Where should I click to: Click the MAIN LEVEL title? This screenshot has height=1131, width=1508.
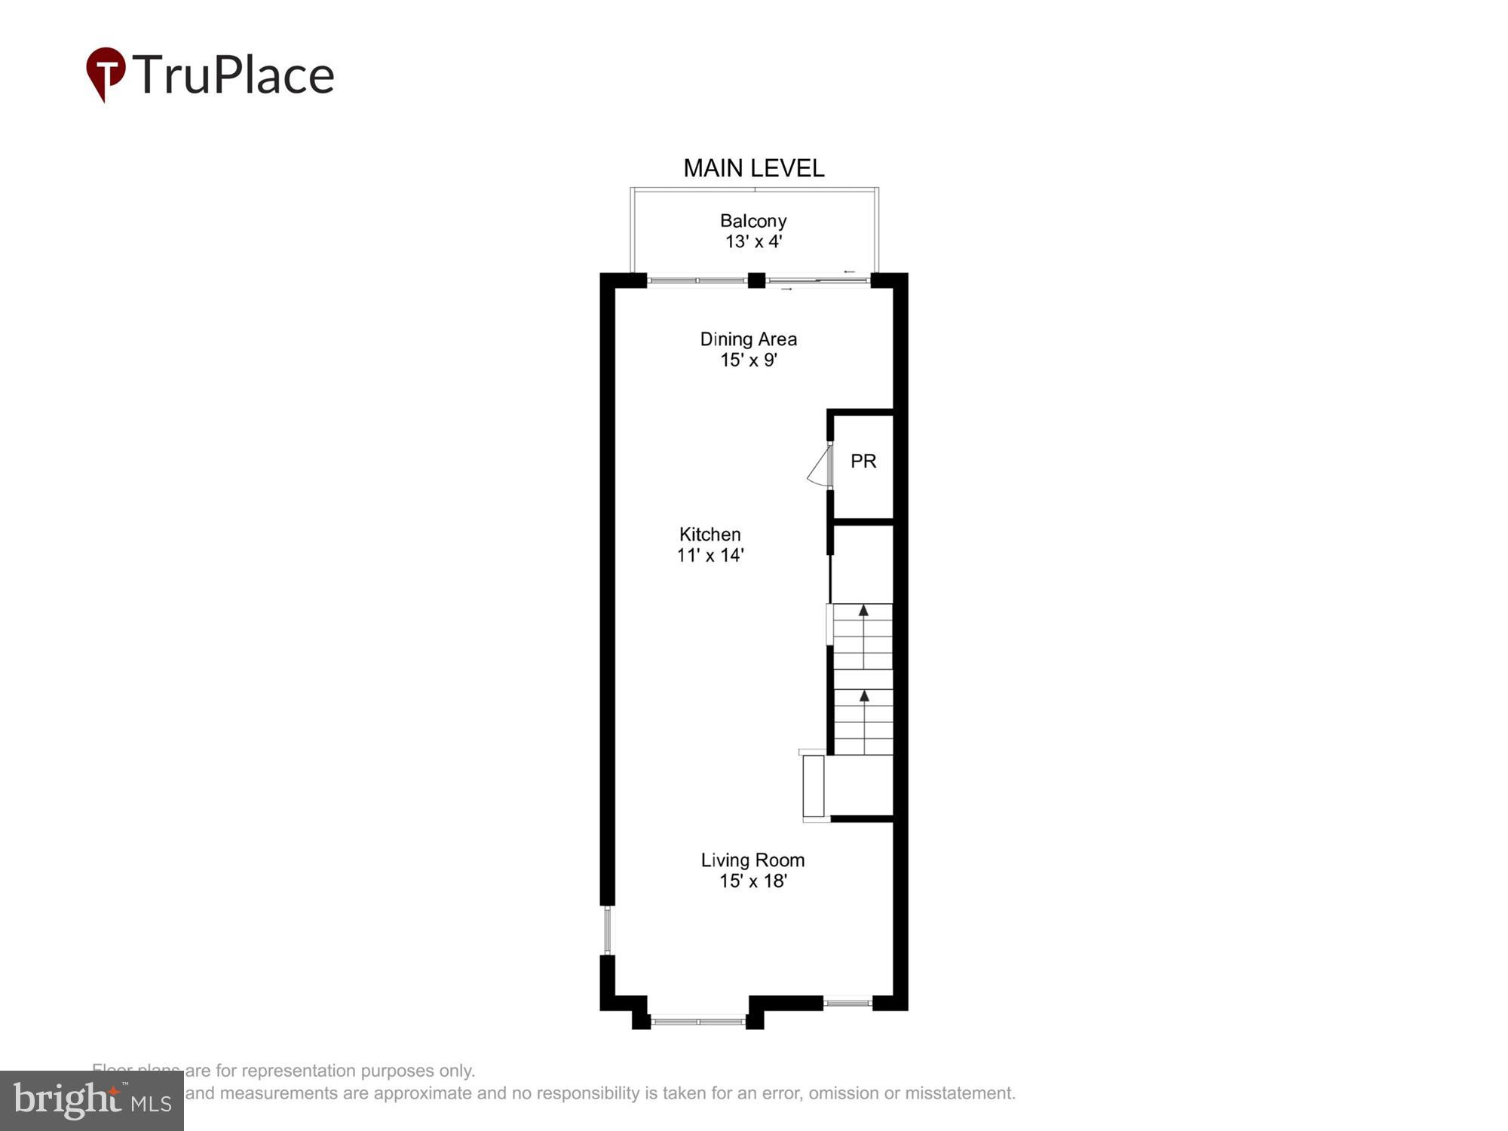[x=753, y=168]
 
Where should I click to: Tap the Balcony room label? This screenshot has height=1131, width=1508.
[x=753, y=221]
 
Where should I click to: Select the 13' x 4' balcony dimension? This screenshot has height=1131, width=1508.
[x=753, y=241]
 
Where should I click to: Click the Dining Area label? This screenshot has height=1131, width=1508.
[x=748, y=339]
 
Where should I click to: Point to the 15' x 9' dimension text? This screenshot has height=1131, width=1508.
[x=748, y=360]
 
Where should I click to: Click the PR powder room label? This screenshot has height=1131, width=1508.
[x=863, y=461]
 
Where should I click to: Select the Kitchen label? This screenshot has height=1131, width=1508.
[x=710, y=535]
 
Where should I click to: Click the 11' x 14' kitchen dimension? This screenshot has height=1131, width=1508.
[x=710, y=556]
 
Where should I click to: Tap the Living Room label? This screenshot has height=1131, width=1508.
[x=752, y=860]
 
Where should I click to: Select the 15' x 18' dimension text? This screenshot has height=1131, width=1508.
[x=752, y=881]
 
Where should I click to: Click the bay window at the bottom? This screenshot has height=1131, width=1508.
[x=698, y=1022]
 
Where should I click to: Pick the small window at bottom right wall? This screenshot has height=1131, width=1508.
[x=847, y=1003]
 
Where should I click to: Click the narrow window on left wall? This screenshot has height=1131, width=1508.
[x=608, y=930]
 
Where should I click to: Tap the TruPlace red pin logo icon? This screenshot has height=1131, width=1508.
[x=106, y=72]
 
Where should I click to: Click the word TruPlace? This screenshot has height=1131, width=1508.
[x=234, y=75]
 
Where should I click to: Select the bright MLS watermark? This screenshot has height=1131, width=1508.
[x=91, y=1101]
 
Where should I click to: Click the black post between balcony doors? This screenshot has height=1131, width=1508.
[x=756, y=280]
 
